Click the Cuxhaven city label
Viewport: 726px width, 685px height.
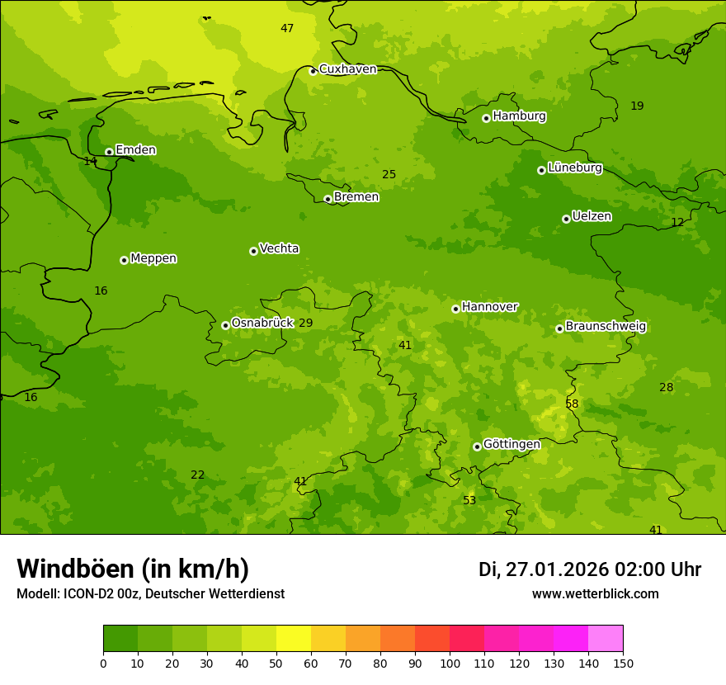347,69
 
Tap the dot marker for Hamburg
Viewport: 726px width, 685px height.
487,118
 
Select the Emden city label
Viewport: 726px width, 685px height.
135,150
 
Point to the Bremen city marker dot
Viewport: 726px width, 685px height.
328,199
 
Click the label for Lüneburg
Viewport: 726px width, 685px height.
574,168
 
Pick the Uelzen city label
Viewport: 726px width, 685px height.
592,216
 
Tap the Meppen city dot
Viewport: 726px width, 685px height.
124,260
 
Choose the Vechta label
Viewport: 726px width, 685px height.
279,248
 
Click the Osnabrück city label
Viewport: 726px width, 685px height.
262,323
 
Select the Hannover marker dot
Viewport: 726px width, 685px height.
455,309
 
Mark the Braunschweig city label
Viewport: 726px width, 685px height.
606,327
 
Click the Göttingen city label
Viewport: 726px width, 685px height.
511,444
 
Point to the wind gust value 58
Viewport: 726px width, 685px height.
572,404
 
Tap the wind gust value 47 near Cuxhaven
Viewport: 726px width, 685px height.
287,28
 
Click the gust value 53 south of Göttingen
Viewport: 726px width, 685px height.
469,500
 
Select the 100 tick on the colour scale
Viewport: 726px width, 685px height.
450,663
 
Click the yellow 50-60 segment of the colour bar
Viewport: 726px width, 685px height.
294,639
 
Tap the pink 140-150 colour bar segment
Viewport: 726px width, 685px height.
606,639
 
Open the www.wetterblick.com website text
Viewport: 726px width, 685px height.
595,594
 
